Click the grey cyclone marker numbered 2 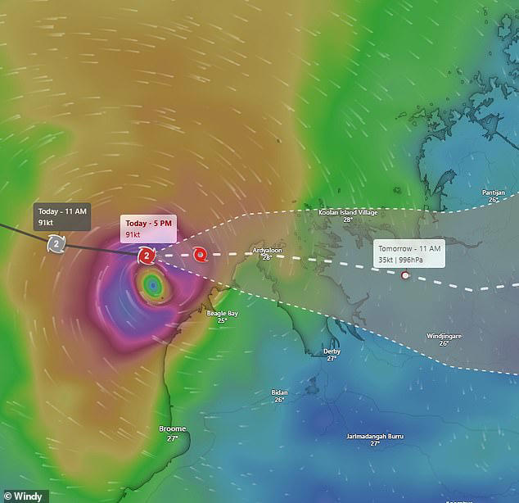(56, 242)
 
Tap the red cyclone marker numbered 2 (146, 256)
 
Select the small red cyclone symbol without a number (200, 256)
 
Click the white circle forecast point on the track (404, 275)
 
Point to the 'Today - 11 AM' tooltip (61, 216)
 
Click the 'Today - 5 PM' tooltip (148, 229)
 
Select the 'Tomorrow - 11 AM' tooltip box (409, 253)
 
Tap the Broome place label (172, 428)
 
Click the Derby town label (332, 351)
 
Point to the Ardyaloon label (267, 249)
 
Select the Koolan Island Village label (347, 212)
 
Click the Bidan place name (279, 392)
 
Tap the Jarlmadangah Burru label (374, 436)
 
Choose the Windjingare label (444, 336)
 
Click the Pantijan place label (494, 193)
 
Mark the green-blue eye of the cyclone (152, 286)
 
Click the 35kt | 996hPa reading (408, 259)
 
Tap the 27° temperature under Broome (172, 438)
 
